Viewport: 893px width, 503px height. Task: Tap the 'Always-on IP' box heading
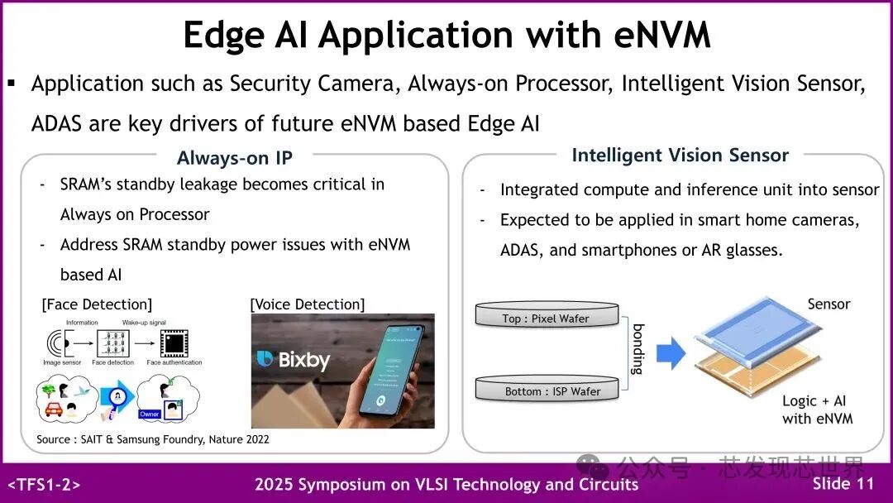235,158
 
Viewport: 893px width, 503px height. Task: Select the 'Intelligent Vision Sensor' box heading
680,156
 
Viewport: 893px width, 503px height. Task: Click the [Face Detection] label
97,304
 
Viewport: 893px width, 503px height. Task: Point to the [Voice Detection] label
307,304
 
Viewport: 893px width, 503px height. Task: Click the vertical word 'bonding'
637,348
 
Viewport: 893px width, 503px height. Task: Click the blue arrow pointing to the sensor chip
671,354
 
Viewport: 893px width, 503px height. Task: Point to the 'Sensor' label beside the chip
829,304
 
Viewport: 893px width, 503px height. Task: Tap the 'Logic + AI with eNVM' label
817,410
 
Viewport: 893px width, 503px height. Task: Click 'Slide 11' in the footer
843,484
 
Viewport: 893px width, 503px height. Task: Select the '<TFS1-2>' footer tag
44,485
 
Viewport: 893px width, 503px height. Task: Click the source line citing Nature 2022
153,438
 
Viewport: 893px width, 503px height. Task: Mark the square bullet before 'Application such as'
12,83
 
